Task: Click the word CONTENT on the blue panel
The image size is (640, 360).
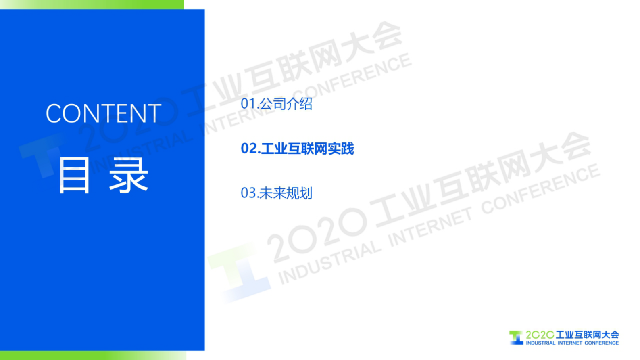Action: (103, 113)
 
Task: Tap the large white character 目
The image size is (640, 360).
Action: (74, 176)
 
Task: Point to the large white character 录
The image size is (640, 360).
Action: (129, 176)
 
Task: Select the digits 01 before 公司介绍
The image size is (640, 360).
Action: (248, 104)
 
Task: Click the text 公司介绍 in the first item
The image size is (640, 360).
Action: (286, 104)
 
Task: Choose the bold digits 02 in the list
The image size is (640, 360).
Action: (248, 149)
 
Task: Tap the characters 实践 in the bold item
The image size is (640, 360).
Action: (341, 149)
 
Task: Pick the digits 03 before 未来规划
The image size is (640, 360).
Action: (248, 193)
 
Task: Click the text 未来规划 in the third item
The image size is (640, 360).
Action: (286, 193)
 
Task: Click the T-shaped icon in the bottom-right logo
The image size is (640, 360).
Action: (516, 338)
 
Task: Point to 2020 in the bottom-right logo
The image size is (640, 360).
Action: (540, 335)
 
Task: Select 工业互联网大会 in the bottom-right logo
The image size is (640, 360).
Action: (587, 335)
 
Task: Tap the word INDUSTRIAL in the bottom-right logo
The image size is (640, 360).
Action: (540, 343)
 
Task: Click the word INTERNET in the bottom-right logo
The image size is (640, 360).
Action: (570, 343)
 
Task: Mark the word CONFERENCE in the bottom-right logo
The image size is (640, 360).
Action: (601, 343)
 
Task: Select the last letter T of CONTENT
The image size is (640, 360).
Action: (154, 113)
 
